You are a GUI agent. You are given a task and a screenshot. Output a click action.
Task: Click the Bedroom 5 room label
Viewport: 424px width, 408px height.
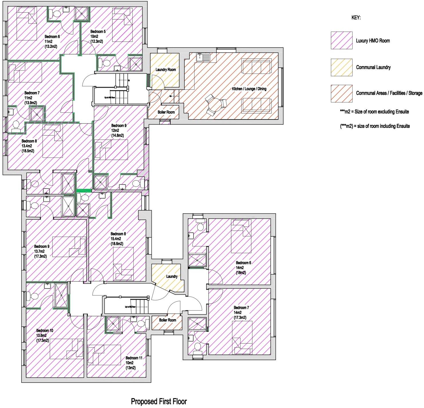click(x=98, y=32)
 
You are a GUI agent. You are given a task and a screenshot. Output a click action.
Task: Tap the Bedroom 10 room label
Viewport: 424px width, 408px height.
click(x=44, y=330)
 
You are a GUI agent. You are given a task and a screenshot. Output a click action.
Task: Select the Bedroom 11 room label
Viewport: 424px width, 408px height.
click(x=134, y=358)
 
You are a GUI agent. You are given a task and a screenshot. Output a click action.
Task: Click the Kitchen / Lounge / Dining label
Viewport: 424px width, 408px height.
click(x=249, y=89)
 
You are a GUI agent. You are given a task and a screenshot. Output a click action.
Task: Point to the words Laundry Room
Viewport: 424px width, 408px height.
click(x=165, y=70)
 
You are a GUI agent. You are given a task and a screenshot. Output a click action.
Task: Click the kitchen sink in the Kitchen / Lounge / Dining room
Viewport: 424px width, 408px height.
click(x=203, y=57)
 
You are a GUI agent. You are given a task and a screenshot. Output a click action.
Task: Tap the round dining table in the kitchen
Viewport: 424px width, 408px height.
click(x=215, y=105)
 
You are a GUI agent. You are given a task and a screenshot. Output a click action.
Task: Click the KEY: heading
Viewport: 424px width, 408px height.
click(x=356, y=18)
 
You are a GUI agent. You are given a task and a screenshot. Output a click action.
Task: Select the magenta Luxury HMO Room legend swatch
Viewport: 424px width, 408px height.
click(x=342, y=40)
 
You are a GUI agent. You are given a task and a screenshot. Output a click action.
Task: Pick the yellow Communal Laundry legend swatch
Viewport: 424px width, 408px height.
click(x=342, y=67)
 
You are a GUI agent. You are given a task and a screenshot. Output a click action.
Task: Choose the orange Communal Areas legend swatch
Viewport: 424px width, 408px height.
click(x=342, y=93)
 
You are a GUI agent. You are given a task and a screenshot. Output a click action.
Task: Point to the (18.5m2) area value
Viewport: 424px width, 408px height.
click(x=28, y=151)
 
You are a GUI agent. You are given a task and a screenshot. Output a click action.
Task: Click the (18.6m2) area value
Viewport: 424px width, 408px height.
click(x=117, y=244)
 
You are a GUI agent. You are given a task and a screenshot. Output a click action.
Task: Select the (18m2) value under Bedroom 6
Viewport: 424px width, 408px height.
click(x=241, y=273)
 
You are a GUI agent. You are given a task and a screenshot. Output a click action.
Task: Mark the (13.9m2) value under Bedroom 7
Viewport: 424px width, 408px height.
click(x=31, y=103)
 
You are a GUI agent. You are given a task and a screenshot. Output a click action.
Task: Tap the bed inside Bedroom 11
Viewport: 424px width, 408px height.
click(x=104, y=355)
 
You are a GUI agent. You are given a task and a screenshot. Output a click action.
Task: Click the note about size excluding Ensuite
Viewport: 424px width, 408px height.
click(x=374, y=112)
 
